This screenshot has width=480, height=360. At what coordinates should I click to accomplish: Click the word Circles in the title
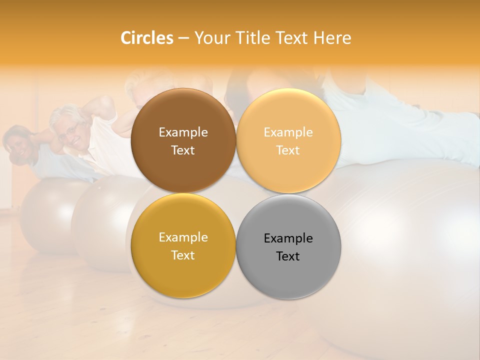[x=146, y=38]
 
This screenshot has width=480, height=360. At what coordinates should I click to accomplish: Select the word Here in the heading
[x=332, y=38]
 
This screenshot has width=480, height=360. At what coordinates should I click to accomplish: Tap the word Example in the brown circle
[x=183, y=132]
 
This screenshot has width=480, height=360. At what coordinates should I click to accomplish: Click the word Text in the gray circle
[x=288, y=256]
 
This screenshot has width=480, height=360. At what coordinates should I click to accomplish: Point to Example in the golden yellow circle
[x=183, y=237]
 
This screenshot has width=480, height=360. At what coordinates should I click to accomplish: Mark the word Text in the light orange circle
[x=288, y=150]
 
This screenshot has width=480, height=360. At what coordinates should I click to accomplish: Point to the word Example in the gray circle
[x=288, y=238]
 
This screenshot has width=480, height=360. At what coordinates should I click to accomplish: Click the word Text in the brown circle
[x=183, y=150]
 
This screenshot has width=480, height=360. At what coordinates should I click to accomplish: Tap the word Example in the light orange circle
[x=288, y=132]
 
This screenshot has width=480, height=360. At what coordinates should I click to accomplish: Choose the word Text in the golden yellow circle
[x=183, y=255]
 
